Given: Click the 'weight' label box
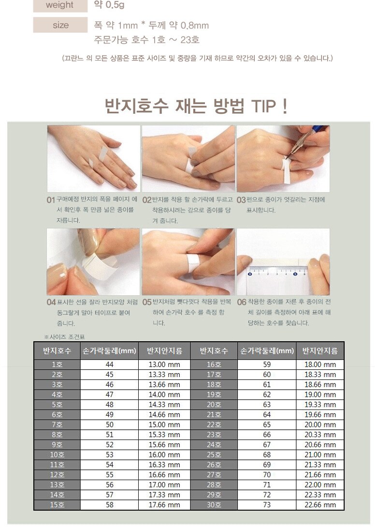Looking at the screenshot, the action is [x=60, y=5].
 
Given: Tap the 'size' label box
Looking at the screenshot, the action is [x=60, y=25].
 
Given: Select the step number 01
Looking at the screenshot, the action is [x=51, y=200].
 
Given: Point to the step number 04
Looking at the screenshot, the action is [x=51, y=302].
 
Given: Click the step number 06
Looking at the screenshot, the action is [x=242, y=302].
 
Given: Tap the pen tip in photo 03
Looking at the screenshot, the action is [x=285, y=159].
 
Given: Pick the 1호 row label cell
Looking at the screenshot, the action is [x=57, y=364].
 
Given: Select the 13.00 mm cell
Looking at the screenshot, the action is [x=164, y=364].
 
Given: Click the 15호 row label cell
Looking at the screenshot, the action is [x=57, y=505].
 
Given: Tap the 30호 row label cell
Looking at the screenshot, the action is [x=214, y=505].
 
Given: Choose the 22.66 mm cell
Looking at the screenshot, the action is [x=320, y=505].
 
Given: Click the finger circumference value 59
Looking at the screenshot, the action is [x=267, y=364].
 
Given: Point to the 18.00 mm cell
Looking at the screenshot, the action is [x=320, y=364].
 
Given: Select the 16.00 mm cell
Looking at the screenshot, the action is [x=164, y=454].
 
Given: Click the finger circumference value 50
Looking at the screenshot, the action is [x=109, y=424].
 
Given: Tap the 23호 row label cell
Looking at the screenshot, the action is [x=214, y=435].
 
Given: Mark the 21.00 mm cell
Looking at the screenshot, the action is [x=320, y=454].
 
